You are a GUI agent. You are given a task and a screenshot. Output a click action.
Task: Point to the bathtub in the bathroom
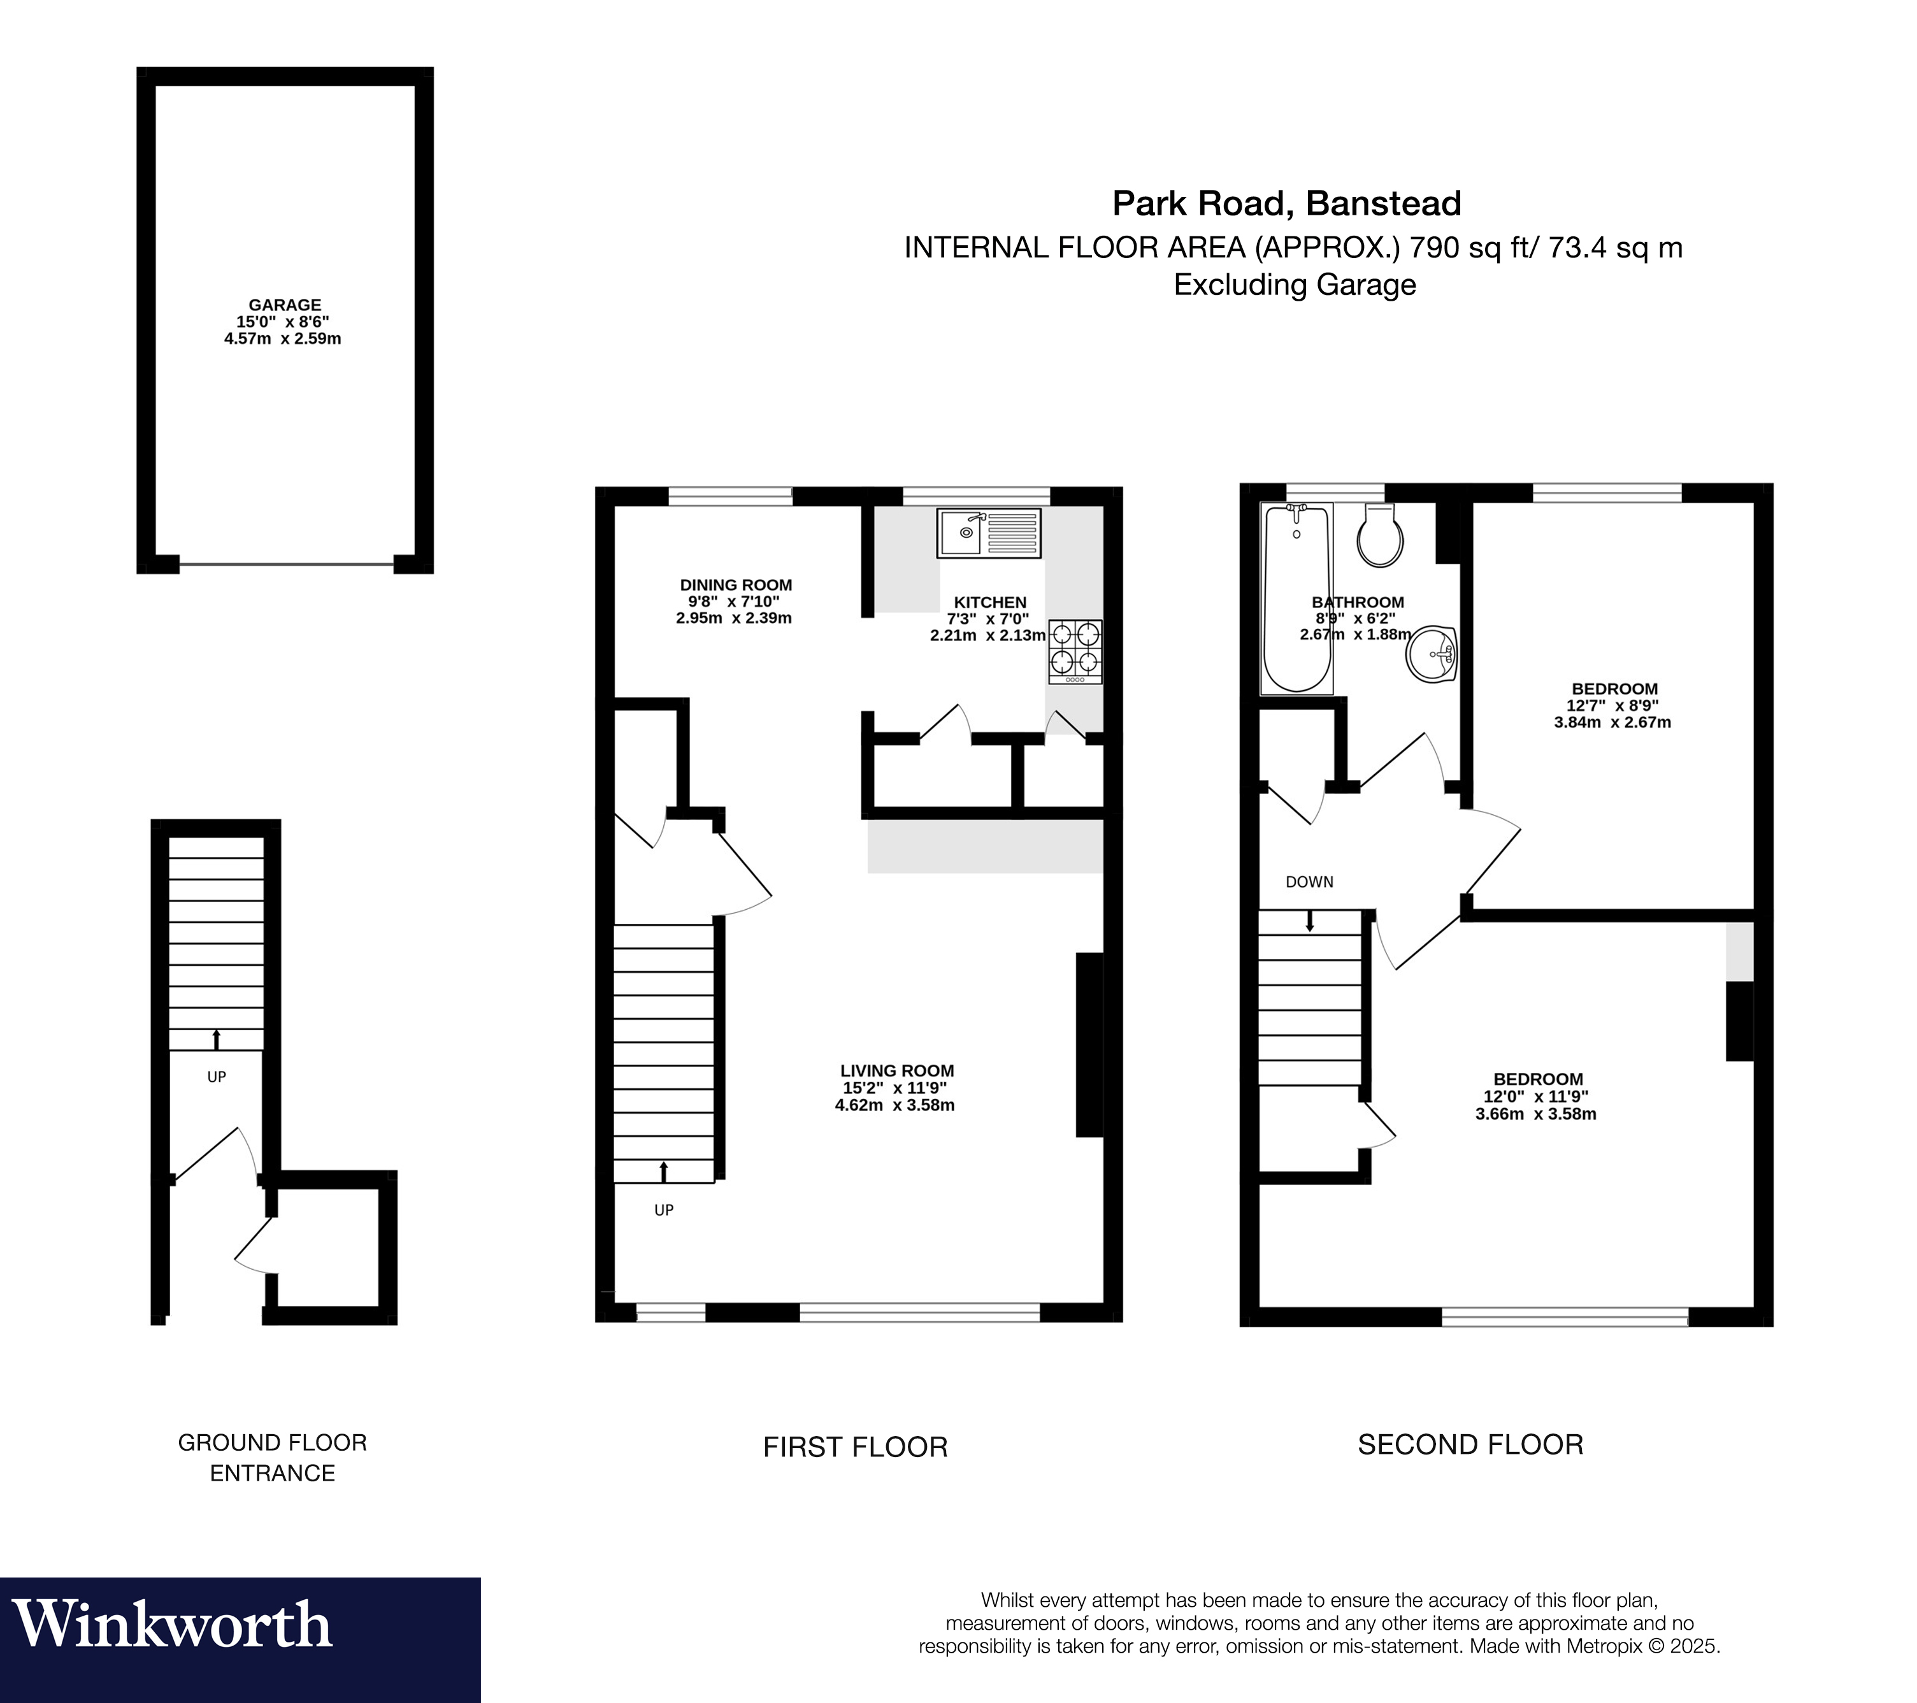point(1296,598)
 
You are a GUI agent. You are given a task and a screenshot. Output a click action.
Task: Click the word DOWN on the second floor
point(1309,882)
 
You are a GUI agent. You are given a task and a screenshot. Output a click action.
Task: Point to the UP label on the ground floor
point(217,1077)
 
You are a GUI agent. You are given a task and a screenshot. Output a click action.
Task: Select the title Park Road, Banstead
point(1286,203)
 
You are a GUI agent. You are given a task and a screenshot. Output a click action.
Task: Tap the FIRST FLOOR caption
point(856,1447)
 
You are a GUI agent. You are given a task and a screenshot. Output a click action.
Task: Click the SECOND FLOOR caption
point(1470,1444)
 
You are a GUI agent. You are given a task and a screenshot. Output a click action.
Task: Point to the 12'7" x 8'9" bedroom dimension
point(1612,706)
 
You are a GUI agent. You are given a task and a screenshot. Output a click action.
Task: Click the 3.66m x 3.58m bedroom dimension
point(1535,1114)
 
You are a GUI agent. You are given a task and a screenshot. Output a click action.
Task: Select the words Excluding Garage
point(1295,284)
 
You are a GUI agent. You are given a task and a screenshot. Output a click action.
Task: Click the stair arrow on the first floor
point(664,1171)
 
